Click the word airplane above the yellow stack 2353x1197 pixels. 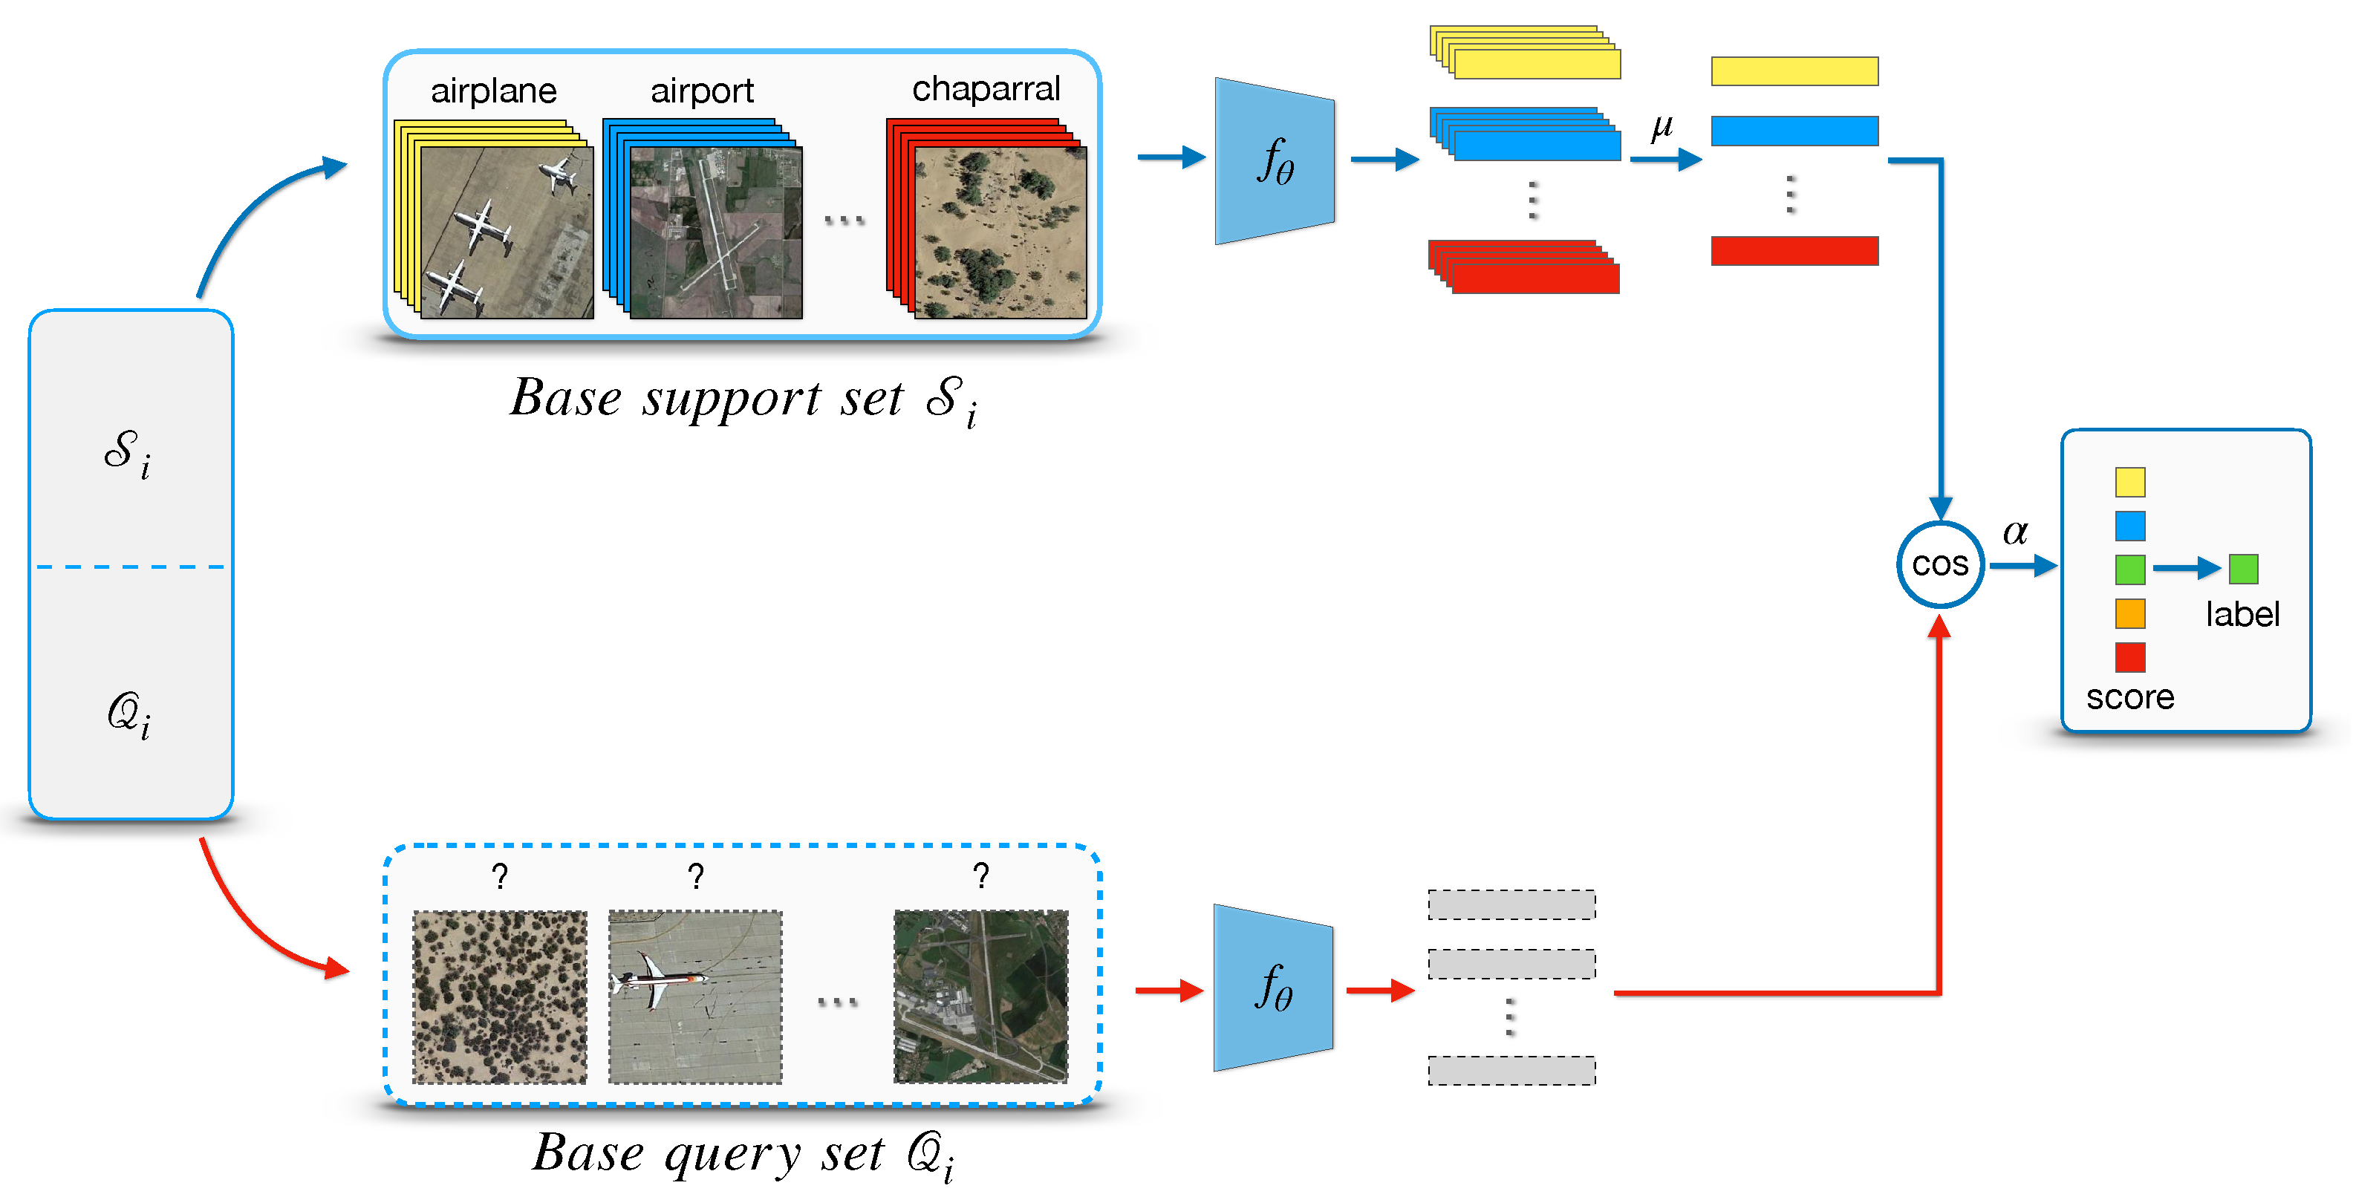(493, 91)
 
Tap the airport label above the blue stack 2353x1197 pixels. (701, 91)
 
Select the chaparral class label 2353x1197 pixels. (986, 88)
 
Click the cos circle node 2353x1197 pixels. (1939, 564)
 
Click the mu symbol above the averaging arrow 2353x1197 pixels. (1662, 127)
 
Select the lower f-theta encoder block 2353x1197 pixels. (1273, 987)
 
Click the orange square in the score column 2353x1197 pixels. (2129, 613)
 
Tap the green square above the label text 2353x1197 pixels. (2242, 569)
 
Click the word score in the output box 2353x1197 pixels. (2129, 697)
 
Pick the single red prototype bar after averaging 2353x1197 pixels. (1794, 250)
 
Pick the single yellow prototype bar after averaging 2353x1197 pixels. (1794, 71)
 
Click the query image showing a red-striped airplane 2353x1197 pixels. (695, 996)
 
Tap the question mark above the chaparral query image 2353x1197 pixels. (500, 876)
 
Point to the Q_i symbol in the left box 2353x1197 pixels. (128, 714)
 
